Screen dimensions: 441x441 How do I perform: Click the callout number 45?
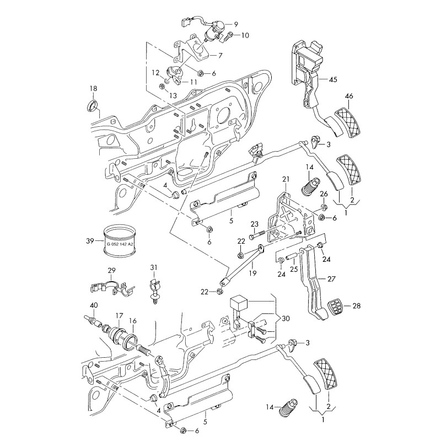[333, 79]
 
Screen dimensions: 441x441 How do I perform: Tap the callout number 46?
[349, 96]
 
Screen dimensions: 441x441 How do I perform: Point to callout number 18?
[93, 89]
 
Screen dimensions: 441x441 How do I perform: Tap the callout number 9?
[235, 24]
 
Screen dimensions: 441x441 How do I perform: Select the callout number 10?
[245, 35]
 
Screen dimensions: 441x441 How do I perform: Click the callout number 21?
[286, 179]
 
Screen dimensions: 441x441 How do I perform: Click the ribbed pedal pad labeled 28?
[335, 308]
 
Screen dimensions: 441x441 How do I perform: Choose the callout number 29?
[111, 270]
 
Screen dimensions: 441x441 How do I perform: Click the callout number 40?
[94, 305]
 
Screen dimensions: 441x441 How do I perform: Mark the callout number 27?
[346, 278]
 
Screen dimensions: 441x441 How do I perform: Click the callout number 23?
[254, 223]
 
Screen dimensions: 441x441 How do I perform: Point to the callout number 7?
[220, 56]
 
